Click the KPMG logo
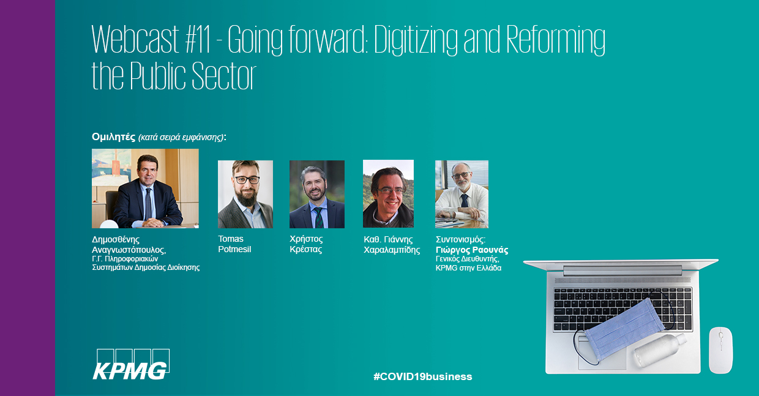131,365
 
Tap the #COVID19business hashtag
422,376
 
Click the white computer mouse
720,350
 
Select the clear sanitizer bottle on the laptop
660,350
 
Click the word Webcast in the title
135,39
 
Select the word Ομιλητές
113,137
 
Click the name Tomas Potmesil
234,244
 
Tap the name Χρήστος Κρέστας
306,244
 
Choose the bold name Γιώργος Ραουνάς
472,250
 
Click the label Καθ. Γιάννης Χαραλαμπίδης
392,245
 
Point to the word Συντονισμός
460,239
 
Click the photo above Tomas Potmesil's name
245,194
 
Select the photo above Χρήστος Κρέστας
317,194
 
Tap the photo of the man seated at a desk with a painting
145,189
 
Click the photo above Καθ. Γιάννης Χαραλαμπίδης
388,194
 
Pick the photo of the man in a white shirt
462,194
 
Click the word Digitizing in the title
416,40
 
